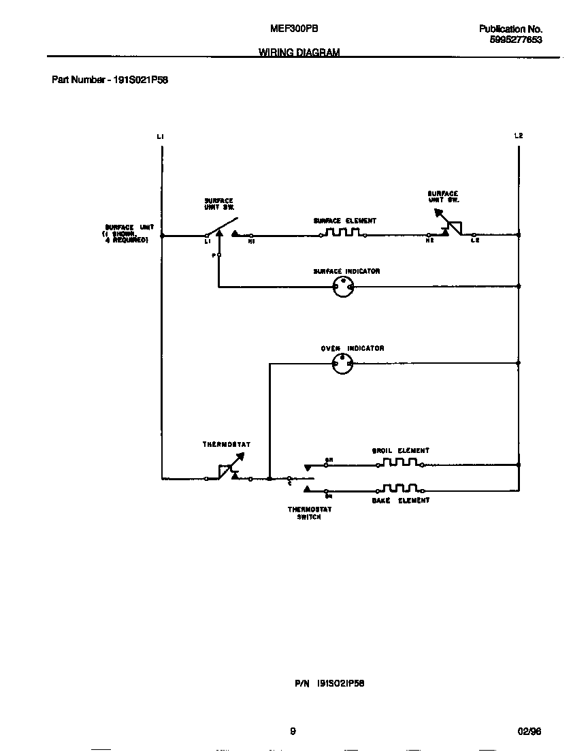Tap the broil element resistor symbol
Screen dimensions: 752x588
399,463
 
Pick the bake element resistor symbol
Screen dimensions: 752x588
399,488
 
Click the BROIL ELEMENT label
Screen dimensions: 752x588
401,451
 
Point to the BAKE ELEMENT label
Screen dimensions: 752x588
401,501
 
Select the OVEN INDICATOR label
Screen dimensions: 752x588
353,349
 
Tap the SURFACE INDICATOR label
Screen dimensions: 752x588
346,272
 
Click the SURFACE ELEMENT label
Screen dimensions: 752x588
344,221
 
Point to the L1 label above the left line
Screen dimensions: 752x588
160,137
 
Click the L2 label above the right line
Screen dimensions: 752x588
519,136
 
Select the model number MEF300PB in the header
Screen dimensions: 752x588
295,29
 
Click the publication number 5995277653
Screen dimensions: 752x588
516,40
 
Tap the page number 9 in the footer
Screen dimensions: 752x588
293,732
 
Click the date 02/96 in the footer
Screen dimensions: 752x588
529,732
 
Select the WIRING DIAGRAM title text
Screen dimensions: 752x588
299,52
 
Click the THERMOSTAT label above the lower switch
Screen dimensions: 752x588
227,445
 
